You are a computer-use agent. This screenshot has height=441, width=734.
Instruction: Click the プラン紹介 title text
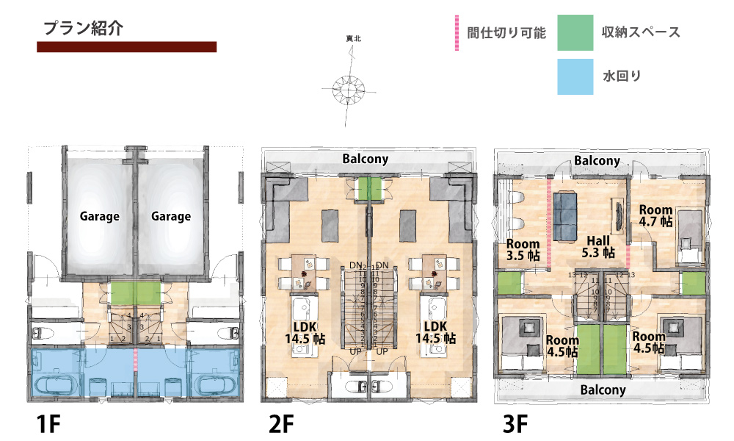click(82, 29)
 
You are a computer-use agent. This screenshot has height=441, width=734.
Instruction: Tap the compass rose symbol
click(349, 87)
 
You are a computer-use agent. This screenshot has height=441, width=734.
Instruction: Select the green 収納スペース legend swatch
click(575, 33)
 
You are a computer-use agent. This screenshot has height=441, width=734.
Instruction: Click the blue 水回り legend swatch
click(575, 76)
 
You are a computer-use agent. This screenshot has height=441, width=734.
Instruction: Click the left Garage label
click(100, 216)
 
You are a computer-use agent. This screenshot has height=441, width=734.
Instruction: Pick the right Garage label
click(171, 216)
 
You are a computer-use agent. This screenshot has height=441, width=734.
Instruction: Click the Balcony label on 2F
click(365, 159)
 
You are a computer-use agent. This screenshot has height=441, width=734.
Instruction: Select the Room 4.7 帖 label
click(655, 215)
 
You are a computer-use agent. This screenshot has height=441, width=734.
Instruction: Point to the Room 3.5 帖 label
click(523, 250)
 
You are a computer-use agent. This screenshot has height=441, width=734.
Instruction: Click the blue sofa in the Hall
click(565, 214)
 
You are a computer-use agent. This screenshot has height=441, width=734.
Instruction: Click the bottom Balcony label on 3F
click(603, 390)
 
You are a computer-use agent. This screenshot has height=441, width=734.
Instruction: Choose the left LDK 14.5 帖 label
click(305, 332)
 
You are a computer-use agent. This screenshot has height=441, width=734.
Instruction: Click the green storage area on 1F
click(135, 293)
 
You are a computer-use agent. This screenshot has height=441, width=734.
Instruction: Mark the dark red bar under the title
click(126, 47)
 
